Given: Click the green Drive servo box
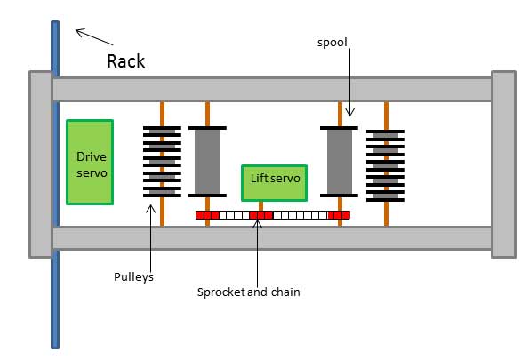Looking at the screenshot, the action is click(x=90, y=162).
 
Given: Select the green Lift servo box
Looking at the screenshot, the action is click(x=275, y=183).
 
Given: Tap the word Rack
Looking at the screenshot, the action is click(x=126, y=61).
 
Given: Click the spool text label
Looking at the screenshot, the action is click(x=332, y=43).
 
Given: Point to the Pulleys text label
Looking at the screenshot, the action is click(x=133, y=277).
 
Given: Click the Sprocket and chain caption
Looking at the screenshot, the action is click(x=249, y=292).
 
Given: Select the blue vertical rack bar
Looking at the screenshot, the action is click(x=55, y=185).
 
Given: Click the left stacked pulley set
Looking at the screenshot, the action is click(x=163, y=162).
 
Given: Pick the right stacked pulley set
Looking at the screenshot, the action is click(x=385, y=165).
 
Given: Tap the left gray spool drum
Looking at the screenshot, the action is click(x=207, y=162).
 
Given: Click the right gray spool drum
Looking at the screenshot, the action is click(x=339, y=162).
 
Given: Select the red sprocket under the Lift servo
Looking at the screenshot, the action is click(x=260, y=215).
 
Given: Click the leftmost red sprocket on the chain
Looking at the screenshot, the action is click(x=207, y=215).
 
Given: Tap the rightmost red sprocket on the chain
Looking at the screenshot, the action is click(x=339, y=215).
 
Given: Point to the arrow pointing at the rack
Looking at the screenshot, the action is click(x=94, y=37).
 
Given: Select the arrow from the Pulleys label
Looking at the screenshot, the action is click(x=151, y=238).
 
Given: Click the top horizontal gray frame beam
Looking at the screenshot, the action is click(x=272, y=90).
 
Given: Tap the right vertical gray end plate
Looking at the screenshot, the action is click(x=503, y=164).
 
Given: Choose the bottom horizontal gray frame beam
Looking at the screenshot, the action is click(x=272, y=238).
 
